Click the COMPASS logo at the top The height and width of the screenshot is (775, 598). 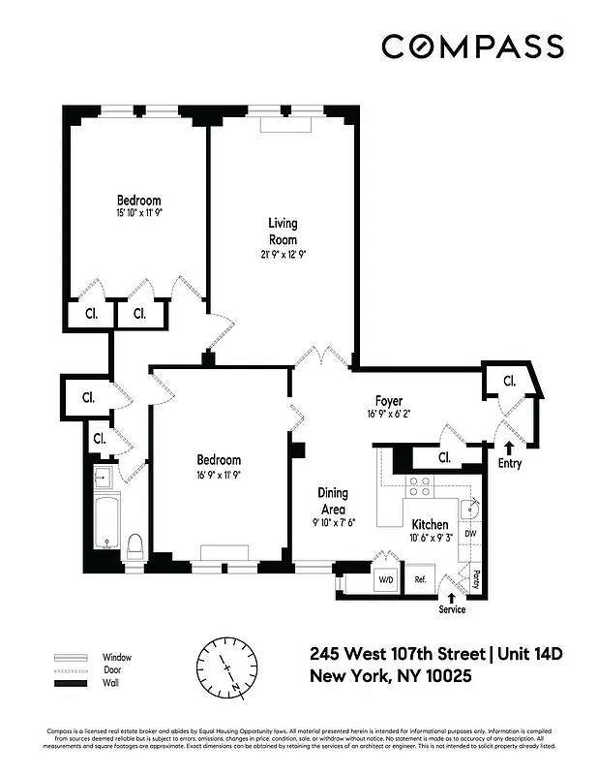tap(472, 46)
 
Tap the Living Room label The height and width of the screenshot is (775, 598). tap(283, 232)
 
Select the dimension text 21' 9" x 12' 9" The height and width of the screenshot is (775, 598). tap(283, 255)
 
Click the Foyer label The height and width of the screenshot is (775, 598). tap(389, 401)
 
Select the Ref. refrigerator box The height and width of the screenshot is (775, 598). tap(421, 579)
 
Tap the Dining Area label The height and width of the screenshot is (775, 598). tap(333, 500)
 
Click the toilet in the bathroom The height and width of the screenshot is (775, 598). tap(135, 544)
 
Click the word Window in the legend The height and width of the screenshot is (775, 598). tap(116, 656)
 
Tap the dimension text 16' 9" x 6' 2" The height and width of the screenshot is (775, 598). tap(389, 415)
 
